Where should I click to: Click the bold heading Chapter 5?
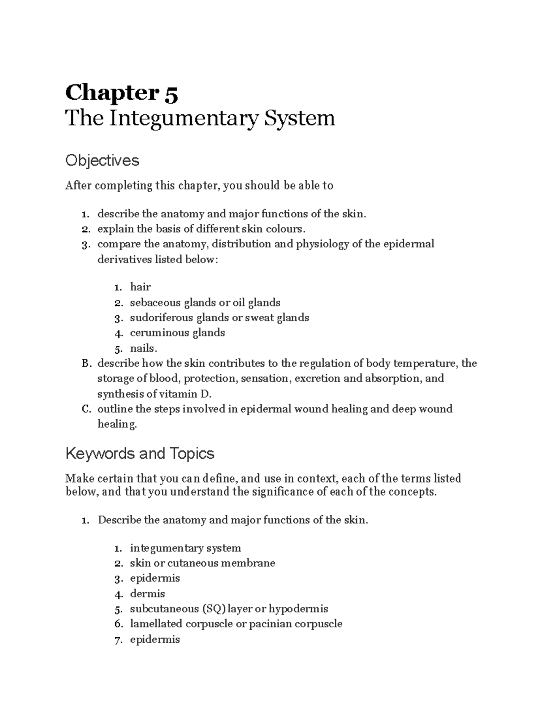click(121, 93)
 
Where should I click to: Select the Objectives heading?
click(102, 160)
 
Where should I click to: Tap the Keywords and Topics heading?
click(140, 453)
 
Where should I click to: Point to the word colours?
click(285, 229)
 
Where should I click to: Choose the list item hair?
click(140, 287)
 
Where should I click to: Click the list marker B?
click(85, 363)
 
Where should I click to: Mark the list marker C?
click(85, 409)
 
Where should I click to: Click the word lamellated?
click(156, 624)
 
